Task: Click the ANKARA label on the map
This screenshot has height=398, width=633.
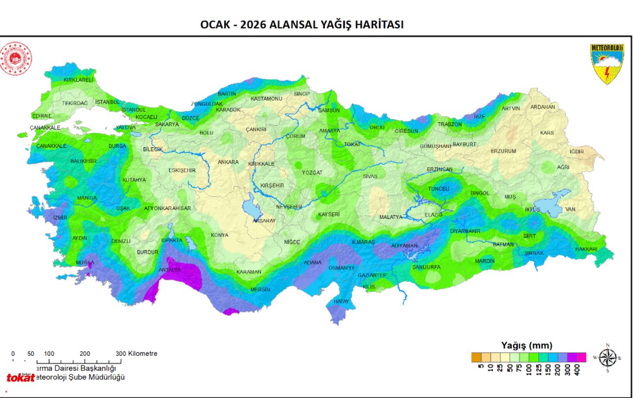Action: (x=228, y=162)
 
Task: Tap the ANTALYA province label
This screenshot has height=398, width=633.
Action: (x=170, y=270)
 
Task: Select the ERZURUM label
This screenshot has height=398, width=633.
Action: (x=503, y=151)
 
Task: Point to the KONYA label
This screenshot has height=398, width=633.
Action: (x=220, y=235)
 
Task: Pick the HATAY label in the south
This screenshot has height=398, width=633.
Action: (x=341, y=302)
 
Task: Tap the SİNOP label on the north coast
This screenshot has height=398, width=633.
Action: (x=302, y=93)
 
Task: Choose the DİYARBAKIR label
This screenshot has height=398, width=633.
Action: (x=465, y=231)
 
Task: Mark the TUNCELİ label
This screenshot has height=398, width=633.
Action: (x=438, y=189)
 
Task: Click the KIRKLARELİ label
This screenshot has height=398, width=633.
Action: (x=79, y=80)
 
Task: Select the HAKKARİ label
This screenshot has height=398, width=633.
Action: (x=586, y=249)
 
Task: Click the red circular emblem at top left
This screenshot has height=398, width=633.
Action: (x=15, y=58)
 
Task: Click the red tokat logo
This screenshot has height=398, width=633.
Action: (x=20, y=378)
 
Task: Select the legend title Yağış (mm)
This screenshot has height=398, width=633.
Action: (x=526, y=346)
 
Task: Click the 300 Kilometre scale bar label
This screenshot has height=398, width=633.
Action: (x=136, y=354)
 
